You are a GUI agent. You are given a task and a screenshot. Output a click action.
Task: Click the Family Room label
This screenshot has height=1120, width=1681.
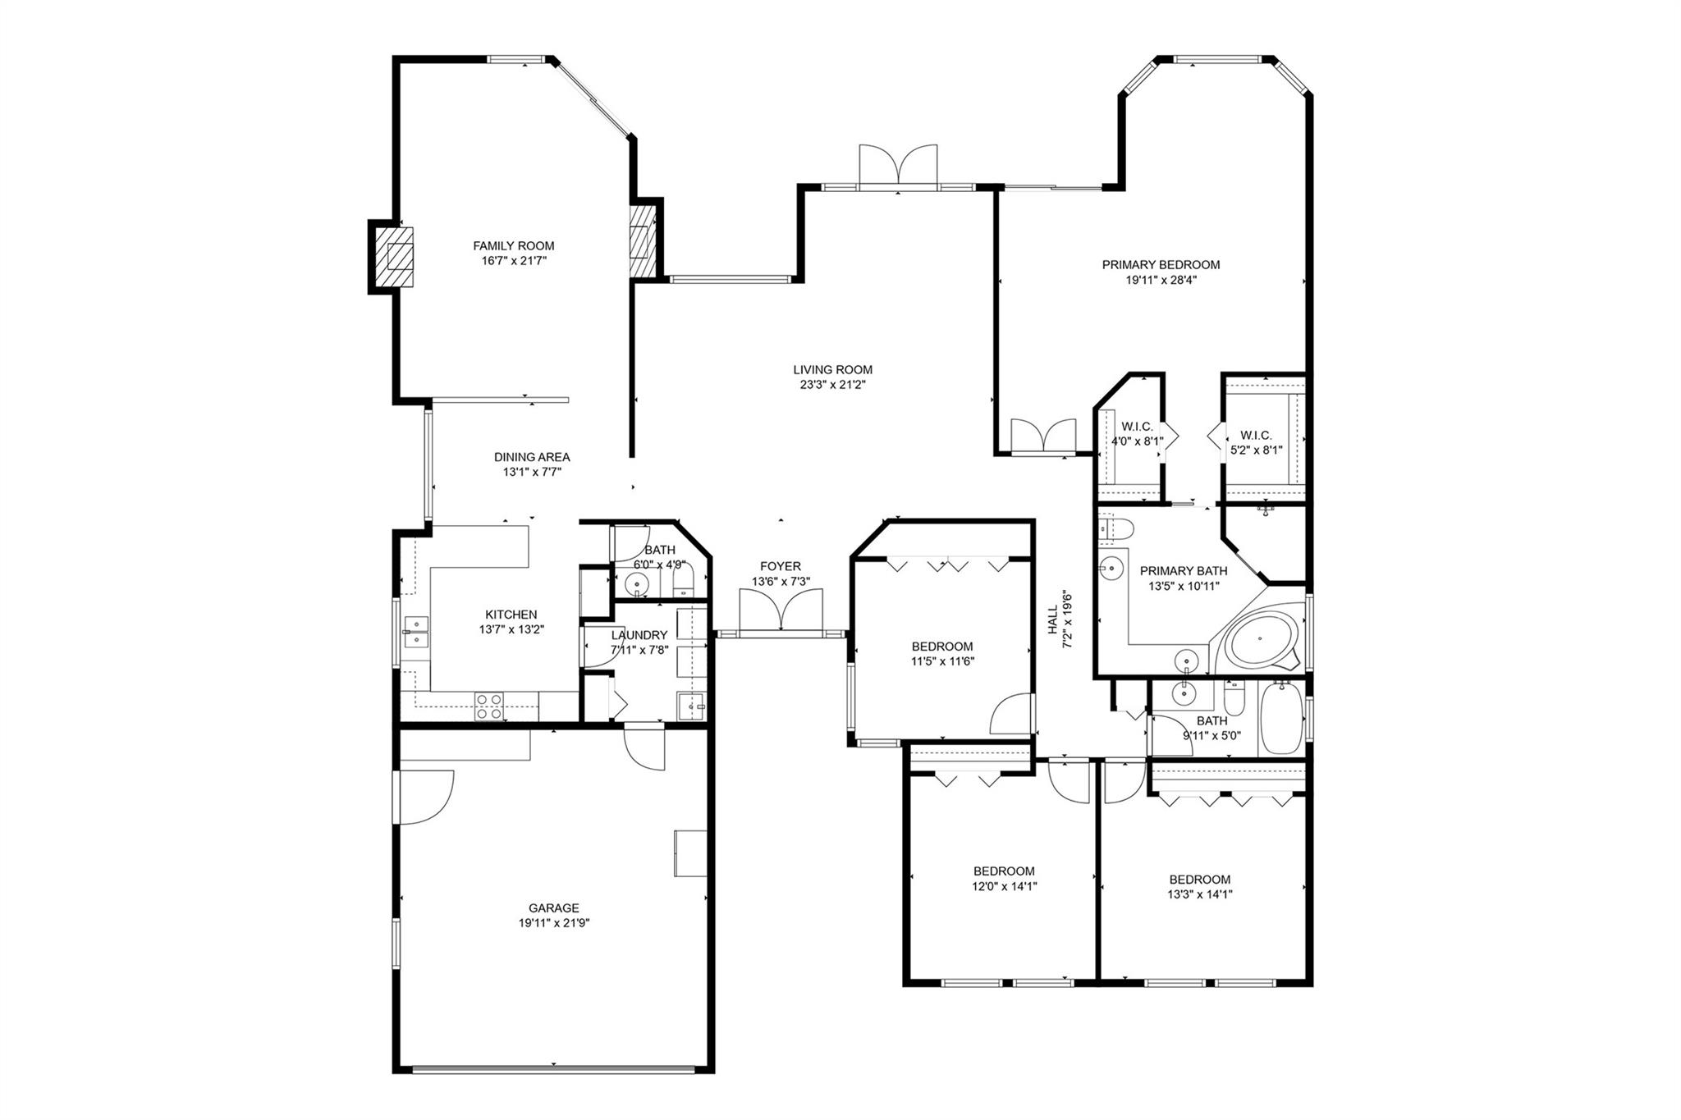pos(513,245)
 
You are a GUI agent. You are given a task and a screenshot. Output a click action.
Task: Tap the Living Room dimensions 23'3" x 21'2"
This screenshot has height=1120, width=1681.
pos(831,384)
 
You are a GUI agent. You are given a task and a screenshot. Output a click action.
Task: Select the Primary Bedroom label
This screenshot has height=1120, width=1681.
pos(1161,264)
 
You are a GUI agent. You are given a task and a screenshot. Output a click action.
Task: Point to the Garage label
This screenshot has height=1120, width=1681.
pos(553,907)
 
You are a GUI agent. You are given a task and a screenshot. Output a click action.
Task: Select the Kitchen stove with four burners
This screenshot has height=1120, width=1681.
pos(490,706)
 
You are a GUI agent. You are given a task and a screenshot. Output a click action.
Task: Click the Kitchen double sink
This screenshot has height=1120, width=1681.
pos(416,629)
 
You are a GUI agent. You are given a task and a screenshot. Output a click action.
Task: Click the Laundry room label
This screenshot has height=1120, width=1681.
pos(639,635)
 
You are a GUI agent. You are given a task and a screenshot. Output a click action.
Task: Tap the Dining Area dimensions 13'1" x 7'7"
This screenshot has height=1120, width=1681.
pos(532,472)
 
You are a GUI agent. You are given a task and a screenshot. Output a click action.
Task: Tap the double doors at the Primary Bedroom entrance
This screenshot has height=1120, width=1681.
pos(1043,435)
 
